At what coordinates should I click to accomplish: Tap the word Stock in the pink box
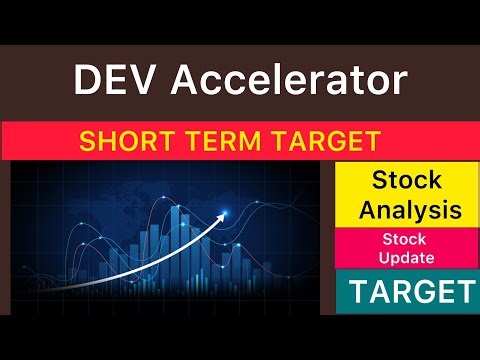pos(403,239)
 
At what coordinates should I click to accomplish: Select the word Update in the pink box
pos(403,257)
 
